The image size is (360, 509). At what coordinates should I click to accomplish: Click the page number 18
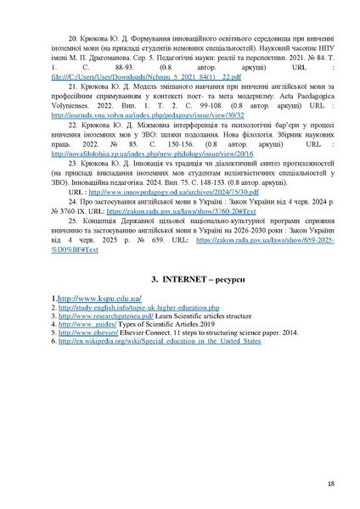point(329,484)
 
